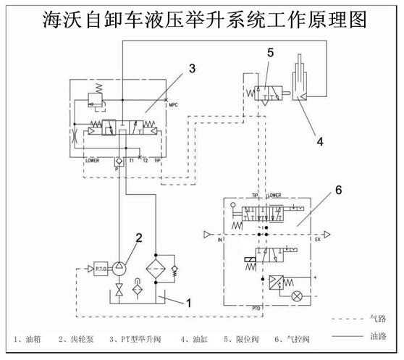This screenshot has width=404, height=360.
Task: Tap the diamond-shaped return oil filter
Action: click(x=156, y=269)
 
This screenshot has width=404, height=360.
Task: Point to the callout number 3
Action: click(x=191, y=69)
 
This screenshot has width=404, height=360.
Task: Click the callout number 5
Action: click(x=269, y=53)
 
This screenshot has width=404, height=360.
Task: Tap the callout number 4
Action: click(x=319, y=142)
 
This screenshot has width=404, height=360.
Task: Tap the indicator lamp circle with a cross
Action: click(x=295, y=296)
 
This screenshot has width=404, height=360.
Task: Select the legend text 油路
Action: click(x=378, y=335)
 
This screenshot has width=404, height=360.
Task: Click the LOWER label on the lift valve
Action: click(x=91, y=159)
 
